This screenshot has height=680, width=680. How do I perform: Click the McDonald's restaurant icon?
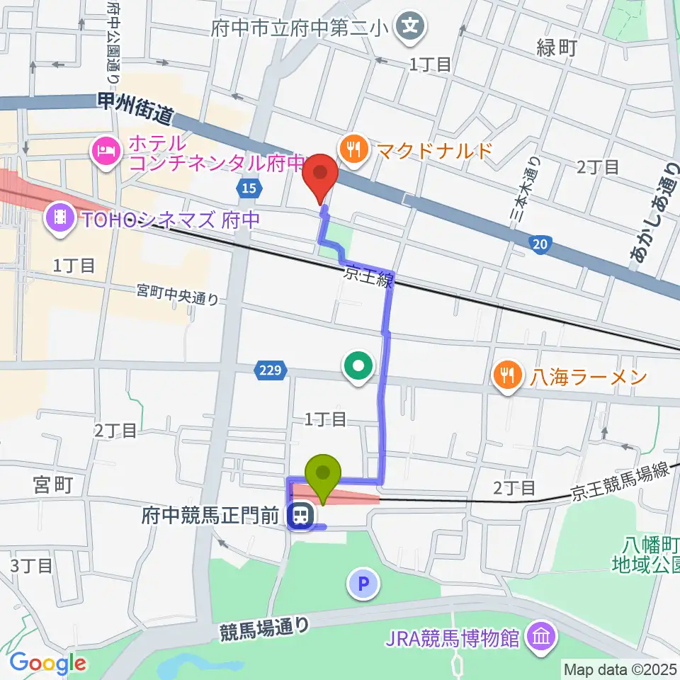tap(352, 149)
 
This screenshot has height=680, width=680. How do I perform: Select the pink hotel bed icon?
tap(106, 150)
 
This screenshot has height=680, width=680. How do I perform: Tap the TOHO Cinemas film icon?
tap(60, 216)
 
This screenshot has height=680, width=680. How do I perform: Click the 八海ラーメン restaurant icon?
tap(506, 375)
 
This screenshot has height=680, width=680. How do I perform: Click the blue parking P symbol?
tap(364, 584)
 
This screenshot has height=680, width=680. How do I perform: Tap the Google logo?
tap(47, 664)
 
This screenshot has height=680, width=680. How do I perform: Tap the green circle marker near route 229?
tap(358, 365)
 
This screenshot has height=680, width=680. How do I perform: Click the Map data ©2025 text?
tap(619, 669)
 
